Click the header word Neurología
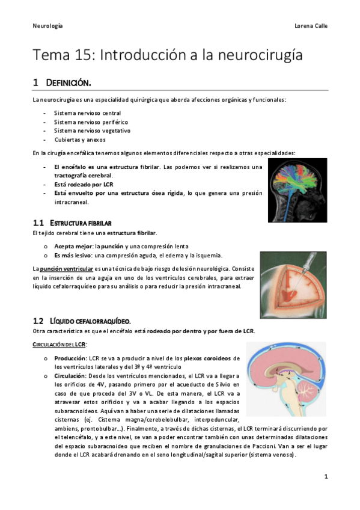(47, 26)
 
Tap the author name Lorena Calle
(311, 26)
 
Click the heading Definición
(69, 82)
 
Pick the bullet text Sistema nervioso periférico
(88, 121)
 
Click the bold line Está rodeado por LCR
(84, 184)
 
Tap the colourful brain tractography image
(297, 186)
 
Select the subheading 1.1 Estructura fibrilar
(72, 223)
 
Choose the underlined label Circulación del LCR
(60, 344)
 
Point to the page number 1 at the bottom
(325, 476)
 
